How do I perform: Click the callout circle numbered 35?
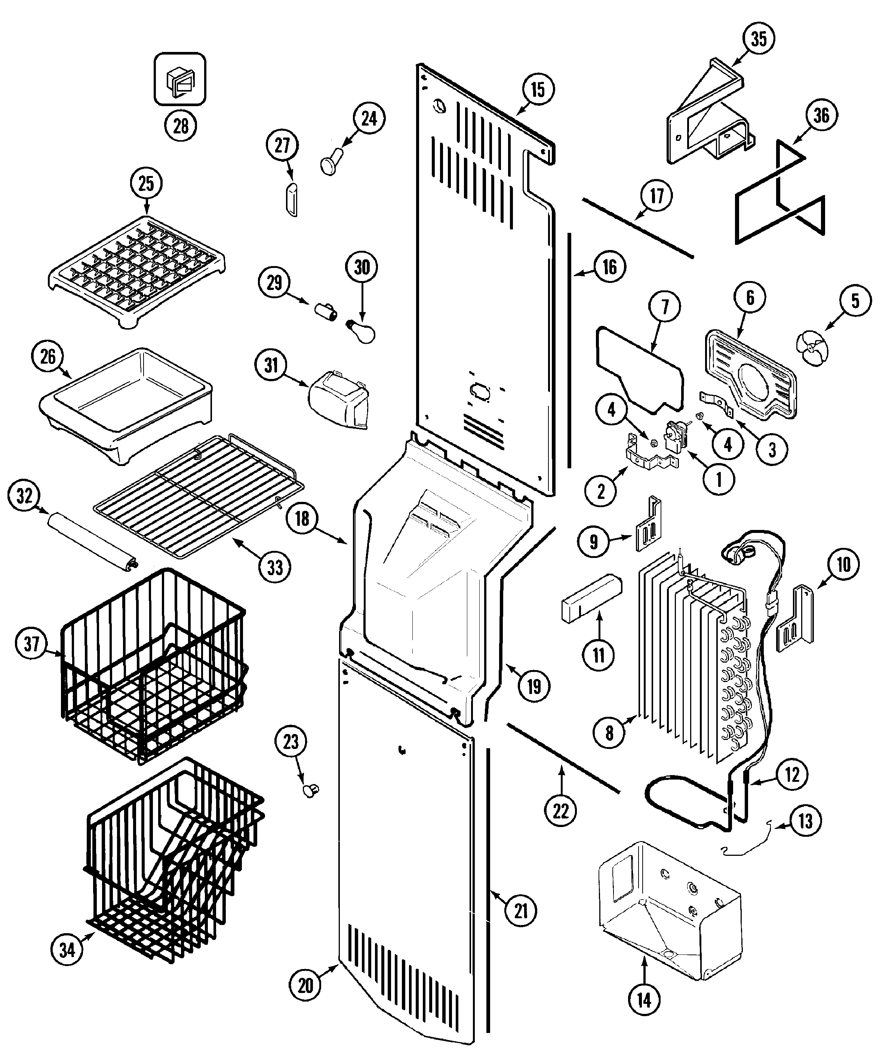point(759,38)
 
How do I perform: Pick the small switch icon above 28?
point(180,79)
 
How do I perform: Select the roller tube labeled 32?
point(92,542)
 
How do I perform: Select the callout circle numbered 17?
point(656,196)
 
